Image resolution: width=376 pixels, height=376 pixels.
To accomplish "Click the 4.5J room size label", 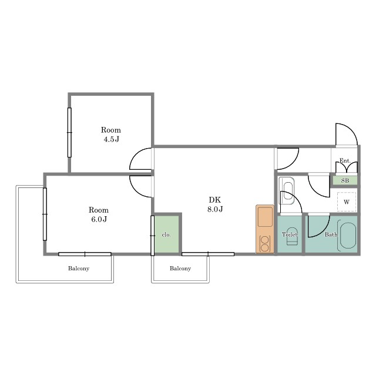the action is (x=111, y=139).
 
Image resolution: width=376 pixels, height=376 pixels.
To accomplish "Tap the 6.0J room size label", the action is (x=99, y=219).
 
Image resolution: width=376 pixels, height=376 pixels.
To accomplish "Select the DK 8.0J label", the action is (x=215, y=204).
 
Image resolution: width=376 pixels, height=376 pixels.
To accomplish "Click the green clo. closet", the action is (x=167, y=234).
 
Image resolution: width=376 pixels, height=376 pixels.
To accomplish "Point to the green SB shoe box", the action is (x=345, y=180).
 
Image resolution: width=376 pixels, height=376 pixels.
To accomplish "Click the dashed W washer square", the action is (x=347, y=202).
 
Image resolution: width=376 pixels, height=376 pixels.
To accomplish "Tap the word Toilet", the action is (x=290, y=234).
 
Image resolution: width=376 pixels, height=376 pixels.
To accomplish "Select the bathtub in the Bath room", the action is (x=347, y=236).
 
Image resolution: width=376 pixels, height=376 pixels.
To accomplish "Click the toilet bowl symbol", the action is (x=292, y=236).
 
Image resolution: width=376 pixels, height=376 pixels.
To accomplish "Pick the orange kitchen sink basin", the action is (x=265, y=217).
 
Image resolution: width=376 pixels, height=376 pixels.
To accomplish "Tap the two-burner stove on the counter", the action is (x=265, y=244).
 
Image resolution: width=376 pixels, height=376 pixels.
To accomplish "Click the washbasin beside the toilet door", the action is (x=288, y=190).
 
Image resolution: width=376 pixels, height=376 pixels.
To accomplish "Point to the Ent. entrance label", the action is (x=345, y=160).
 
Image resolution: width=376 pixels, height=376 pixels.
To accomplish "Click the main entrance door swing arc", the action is (x=351, y=130).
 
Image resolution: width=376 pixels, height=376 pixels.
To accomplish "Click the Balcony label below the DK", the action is (x=180, y=268).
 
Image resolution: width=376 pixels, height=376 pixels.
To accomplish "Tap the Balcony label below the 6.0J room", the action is (x=79, y=268).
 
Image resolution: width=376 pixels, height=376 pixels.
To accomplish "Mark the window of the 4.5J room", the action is (x=69, y=133).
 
